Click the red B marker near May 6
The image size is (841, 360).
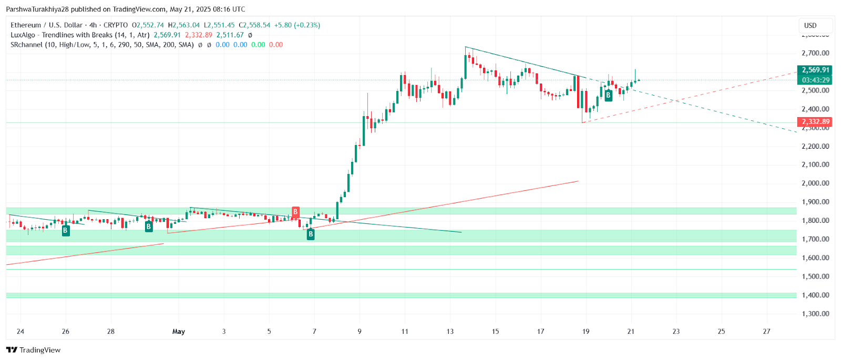(295, 212)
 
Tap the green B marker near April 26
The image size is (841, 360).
(66, 230)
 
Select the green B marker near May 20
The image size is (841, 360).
(608, 95)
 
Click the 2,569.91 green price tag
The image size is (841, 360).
(815, 70)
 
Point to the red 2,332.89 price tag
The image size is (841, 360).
(815, 122)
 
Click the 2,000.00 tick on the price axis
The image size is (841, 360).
(815, 183)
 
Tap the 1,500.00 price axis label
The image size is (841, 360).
(815, 276)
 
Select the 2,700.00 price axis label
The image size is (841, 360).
(815, 53)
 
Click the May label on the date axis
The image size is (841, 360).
(179, 332)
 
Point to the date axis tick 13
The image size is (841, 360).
(450, 332)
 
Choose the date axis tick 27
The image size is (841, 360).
(766, 332)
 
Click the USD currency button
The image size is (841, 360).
(811, 25)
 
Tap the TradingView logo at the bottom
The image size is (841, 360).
(34, 350)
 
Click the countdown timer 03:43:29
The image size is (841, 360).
(815, 80)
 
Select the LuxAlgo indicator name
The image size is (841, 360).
(23, 35)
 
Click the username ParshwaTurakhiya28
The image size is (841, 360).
(37, 9)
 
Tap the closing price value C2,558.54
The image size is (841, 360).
(254, 25)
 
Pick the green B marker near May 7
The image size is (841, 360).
(311, 234)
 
